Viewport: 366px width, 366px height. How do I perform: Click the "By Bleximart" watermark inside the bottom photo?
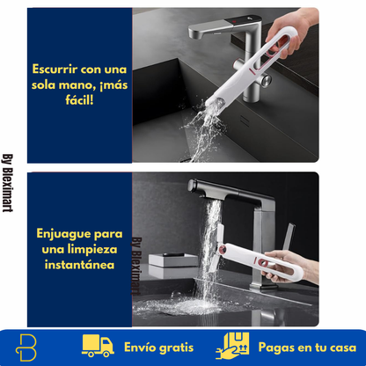click(x=136, y=265)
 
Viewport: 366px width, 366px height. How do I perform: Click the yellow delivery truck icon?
click(x=98, y=345)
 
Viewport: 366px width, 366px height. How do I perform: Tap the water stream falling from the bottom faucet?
click(x=208, y=246)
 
